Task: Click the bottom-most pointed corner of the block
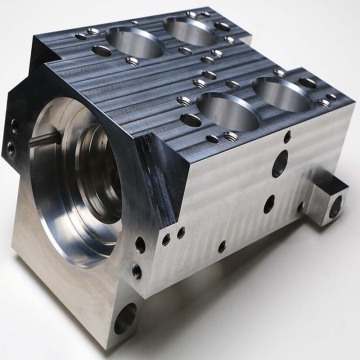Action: point(119,350)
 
